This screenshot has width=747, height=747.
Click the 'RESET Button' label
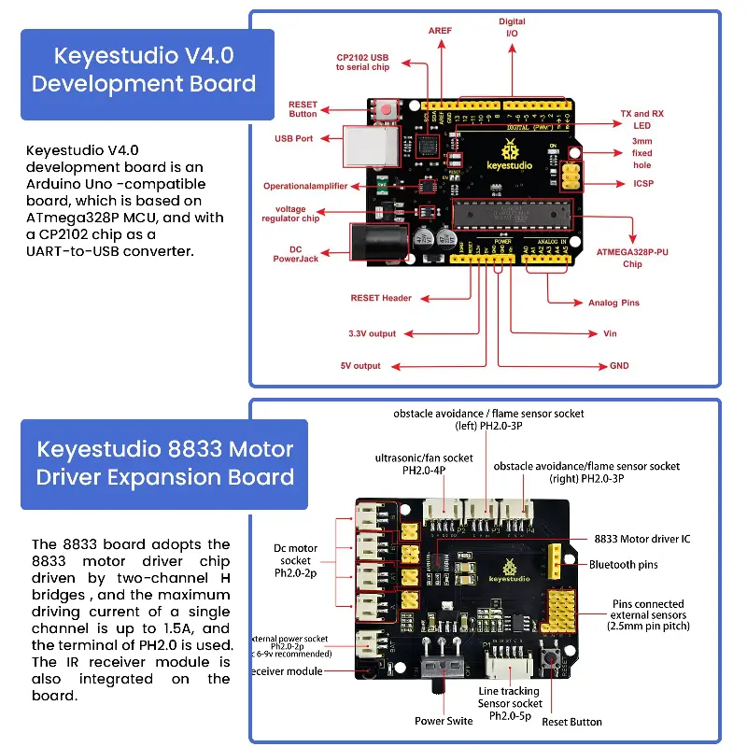303,109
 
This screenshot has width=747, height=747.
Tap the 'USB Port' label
293,138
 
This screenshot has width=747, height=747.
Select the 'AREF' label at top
440,31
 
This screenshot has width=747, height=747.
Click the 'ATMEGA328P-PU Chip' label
632,258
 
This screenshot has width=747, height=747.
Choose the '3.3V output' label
372,333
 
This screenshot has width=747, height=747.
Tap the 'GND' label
619,366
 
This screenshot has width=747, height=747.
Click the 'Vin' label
610,333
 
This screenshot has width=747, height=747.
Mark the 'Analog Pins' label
613,303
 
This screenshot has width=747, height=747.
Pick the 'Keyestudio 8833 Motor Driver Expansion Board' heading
164,463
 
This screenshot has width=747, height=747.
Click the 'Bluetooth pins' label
624,565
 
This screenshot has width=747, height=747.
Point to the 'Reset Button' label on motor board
571,722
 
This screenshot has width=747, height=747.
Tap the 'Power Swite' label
444,721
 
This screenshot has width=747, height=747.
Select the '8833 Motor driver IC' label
642,540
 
